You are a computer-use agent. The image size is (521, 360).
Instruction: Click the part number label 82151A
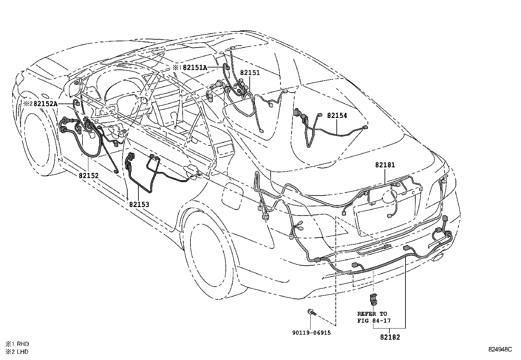195,67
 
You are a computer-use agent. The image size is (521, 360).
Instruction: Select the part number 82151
250,73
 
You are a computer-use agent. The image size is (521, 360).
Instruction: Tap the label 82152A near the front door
45,104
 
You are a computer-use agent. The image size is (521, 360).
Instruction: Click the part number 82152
88,176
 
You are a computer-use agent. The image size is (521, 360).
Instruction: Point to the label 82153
139,204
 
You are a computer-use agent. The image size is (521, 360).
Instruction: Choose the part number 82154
337,116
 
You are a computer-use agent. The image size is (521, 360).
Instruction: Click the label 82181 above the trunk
385,165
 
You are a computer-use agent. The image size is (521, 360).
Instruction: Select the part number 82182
390,337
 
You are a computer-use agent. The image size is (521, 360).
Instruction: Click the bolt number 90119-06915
311,333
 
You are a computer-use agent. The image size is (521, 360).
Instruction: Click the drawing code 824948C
500,350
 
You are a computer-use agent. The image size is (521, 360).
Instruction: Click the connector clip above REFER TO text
373,299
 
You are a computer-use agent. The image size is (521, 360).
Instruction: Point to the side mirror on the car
75,86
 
